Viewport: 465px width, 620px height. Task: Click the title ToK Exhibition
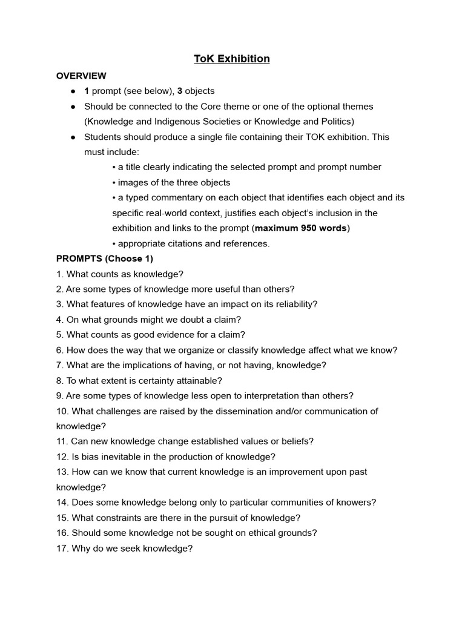click(232, 59)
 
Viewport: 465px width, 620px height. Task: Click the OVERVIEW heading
click(81, 76)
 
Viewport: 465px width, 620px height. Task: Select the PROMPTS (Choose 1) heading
click(104, 259)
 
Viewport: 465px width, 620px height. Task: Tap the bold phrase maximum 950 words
click(301, 228)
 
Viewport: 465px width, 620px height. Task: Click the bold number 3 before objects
click(180, 91)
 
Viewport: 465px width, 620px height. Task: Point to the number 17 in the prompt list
click(62, 549)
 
